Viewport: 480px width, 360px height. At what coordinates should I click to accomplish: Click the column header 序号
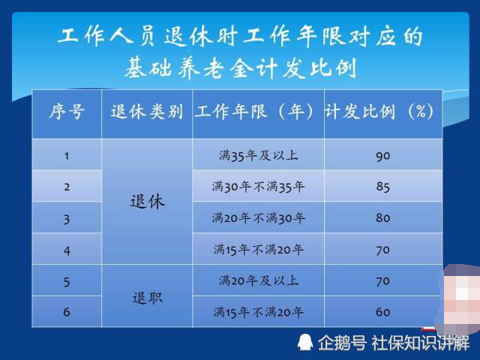67,112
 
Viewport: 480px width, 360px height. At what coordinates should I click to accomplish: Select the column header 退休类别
147,112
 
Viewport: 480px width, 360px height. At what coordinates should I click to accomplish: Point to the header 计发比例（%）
379,112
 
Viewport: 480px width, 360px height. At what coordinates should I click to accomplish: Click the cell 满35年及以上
258,155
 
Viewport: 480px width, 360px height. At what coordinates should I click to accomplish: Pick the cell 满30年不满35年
258,187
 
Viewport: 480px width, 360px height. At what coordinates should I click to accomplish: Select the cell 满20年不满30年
258,218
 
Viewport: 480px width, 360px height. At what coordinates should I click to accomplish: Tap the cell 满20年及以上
258,280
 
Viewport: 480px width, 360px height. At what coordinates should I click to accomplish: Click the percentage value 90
383,156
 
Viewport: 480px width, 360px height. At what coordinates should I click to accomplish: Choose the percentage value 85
383,187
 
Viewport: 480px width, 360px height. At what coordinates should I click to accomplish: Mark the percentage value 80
383,218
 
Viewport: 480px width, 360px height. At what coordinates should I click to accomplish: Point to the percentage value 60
383,312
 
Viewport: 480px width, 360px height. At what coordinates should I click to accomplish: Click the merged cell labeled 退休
148,202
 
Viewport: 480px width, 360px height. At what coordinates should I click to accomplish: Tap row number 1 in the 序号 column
67,156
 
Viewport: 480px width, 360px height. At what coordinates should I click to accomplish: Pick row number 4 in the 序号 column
67,250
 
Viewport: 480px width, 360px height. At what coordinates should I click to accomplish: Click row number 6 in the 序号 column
67,312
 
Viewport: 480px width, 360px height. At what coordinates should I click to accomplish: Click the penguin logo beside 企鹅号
305,342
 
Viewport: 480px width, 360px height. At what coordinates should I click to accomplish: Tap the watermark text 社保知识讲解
420,343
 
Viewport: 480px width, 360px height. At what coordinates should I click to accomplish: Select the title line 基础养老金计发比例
241,68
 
